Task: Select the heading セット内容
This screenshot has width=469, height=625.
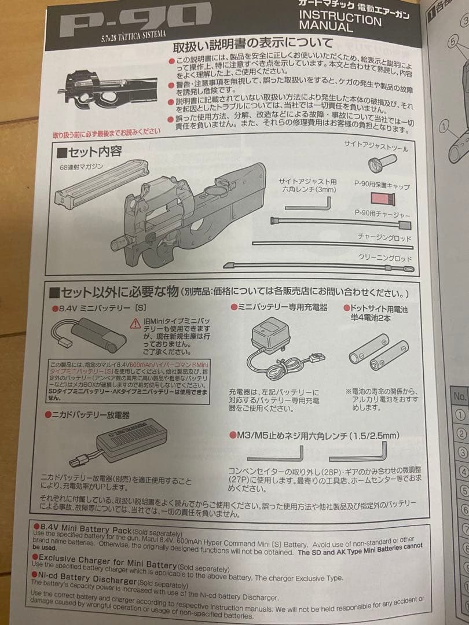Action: [89, 152]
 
